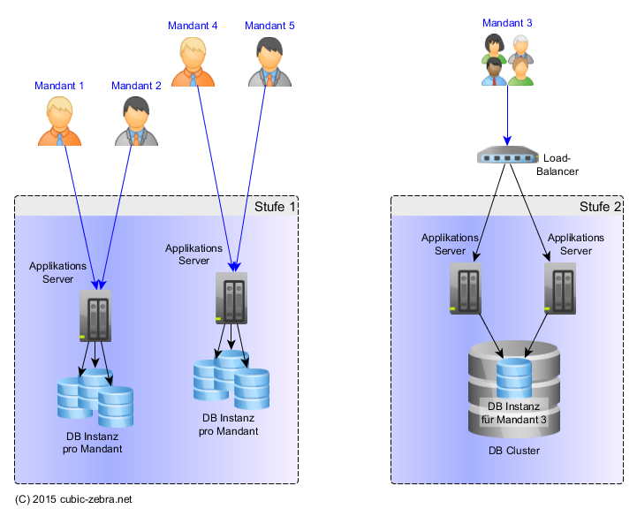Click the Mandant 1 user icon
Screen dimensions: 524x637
pyautogui.click(x=60, y=122)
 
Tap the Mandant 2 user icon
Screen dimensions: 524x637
pyautogui.click(x=136, y=122)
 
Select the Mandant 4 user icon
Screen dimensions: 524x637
pyautogui.click(x=193, y=62)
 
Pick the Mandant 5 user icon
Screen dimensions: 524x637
pyautogui.click(x=269, y=62)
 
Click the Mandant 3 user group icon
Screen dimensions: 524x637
pyautogui.click(x=507, y=60)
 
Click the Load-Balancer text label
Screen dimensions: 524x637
pyautogui.click(x=562, y=164)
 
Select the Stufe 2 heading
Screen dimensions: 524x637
pyautogui.click(x=600, y=207)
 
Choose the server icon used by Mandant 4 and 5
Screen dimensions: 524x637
pyautogui.click(x=231, y=298)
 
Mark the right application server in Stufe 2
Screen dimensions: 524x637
pyautogui.click(x=560, y=289)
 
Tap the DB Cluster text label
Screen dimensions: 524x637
pyautogui.click(x=513, y=451)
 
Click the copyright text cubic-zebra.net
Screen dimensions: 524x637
pyautogui.click(x=73, y=499)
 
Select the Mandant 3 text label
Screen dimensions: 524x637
pyautogui.click(x=507, y=22)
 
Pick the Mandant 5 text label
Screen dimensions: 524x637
pyautogui.click(x=269, y=26)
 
